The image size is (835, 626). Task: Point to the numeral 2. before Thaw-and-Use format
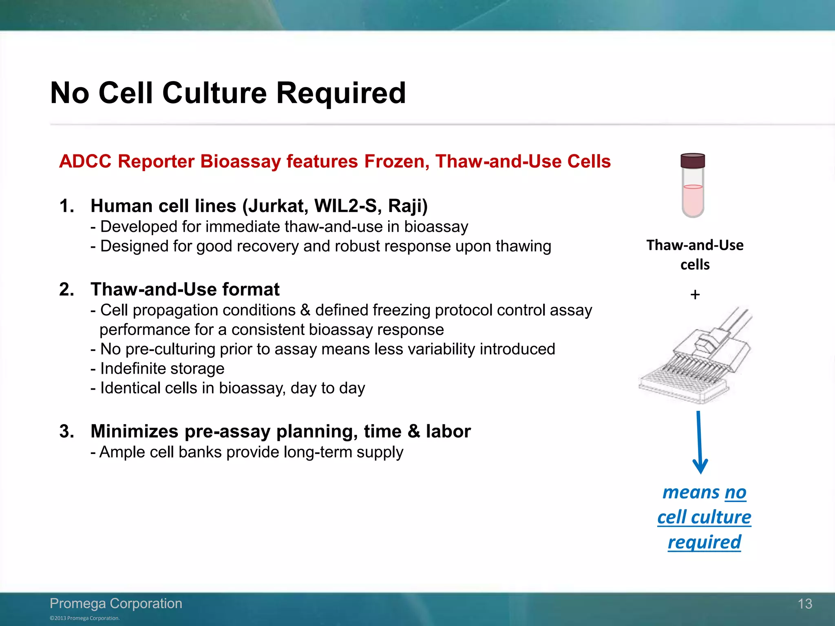point(67,289)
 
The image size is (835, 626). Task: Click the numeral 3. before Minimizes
point(67,431)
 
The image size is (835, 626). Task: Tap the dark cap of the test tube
point(693,161)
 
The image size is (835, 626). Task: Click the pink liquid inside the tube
point(693,200)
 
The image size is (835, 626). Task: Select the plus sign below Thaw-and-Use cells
point(695,294)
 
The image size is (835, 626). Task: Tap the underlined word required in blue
point(704,542)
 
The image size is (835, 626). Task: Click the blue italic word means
point(691,492)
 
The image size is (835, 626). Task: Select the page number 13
point(805,604)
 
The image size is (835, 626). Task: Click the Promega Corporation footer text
point(116,603)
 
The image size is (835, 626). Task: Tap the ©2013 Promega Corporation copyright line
point(85,618)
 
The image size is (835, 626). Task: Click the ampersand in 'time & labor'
point(413,431)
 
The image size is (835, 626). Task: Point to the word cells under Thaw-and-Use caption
point(695,265)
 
